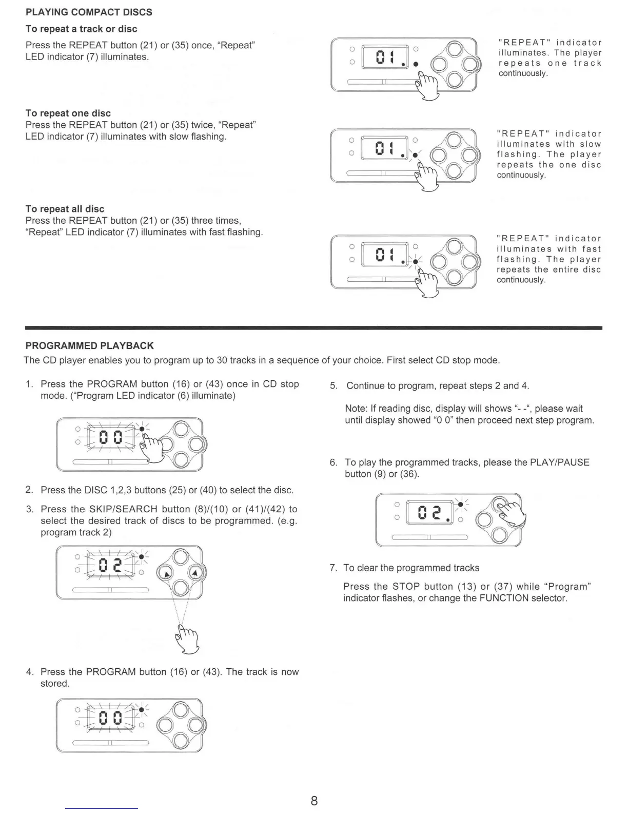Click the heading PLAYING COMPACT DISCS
pyautogui.click(x=89, y=12)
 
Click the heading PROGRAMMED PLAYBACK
pyautogui.click(x=90, y=346)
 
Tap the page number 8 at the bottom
pyautogui.click(x=314, y=801)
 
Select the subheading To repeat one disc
pyautogui.click(x=68, y=113)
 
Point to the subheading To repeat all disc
pyautogui.click(x=65, y=209)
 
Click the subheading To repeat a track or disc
pyautogui.click(x=82, y=29)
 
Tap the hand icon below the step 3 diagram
pyautogui.click(x=186, y=637)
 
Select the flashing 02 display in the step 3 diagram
pyautogui.click(x=110, y=565)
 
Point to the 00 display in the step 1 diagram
pyautogui.click(x=111, y=437)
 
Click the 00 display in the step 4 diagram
pyautogui.click(x=111, y=717)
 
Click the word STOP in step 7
pyautogui.click(x=406, y=587)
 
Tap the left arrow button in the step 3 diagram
pyautogui.click(x=165, y=573)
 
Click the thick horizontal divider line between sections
pyautogui.click(x=313, y=327)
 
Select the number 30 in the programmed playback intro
pyautogui.click(x=222, y=360)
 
